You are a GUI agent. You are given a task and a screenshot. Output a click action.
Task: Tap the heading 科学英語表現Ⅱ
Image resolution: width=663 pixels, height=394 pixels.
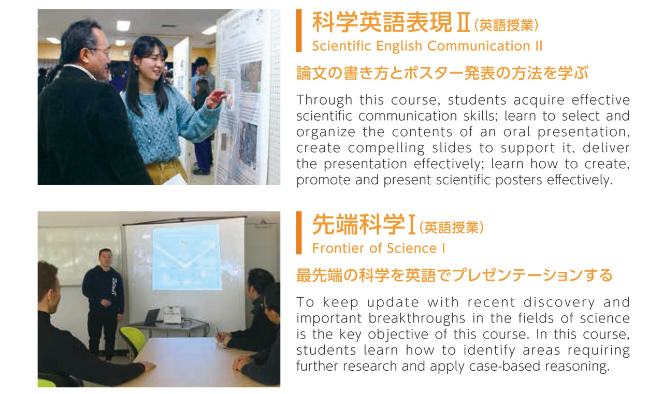391,22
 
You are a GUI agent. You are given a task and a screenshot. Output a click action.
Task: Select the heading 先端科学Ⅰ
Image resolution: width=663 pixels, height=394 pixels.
364,225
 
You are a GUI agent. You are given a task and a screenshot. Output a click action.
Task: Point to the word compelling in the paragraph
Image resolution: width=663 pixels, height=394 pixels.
386,148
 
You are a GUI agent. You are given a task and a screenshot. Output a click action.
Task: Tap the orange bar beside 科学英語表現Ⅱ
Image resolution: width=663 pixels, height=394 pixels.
299,31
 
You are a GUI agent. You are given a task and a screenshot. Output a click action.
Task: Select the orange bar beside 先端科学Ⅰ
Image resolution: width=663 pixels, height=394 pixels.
299,233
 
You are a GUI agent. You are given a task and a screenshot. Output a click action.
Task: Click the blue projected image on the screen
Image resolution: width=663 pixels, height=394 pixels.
186,257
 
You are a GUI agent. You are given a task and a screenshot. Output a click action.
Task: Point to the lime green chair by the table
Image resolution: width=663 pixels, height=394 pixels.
134,340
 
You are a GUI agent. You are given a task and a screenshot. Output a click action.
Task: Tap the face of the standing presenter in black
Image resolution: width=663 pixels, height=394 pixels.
106,258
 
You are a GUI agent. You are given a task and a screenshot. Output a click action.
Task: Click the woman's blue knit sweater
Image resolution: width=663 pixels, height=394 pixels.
166,124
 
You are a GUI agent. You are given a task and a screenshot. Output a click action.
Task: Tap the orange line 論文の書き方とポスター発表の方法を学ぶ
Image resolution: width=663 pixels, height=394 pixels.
442,73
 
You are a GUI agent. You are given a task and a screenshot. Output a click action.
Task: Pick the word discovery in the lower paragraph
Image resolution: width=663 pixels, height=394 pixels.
559,302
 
